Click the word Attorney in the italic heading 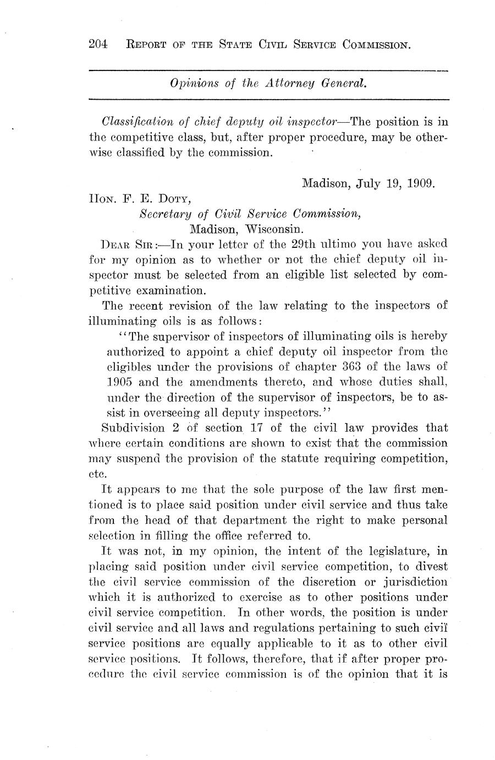(290, 83)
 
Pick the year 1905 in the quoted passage (118, 381)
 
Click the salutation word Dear (113, 243)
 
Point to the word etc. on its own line (96, 473)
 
